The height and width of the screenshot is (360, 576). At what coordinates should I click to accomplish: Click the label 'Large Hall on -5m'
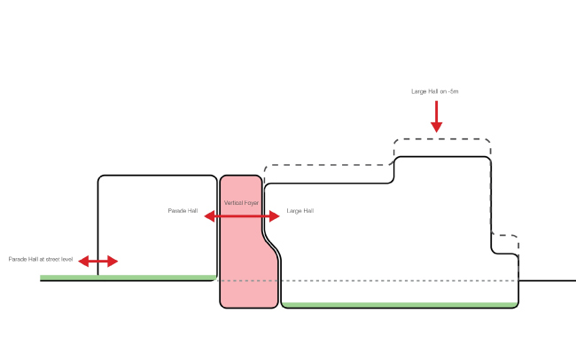coord(434,91)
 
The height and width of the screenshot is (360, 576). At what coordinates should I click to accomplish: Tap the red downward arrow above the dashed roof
coord(436,116)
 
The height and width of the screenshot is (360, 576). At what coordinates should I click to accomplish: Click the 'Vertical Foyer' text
coord(241,204)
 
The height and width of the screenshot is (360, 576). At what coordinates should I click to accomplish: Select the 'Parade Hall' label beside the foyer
coord(182,211)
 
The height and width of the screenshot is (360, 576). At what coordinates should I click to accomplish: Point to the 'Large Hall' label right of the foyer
coord(300,211)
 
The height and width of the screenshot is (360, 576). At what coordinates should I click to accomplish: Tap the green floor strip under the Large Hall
coord(399,305)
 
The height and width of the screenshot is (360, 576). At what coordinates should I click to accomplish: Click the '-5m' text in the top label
coord(451,91)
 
